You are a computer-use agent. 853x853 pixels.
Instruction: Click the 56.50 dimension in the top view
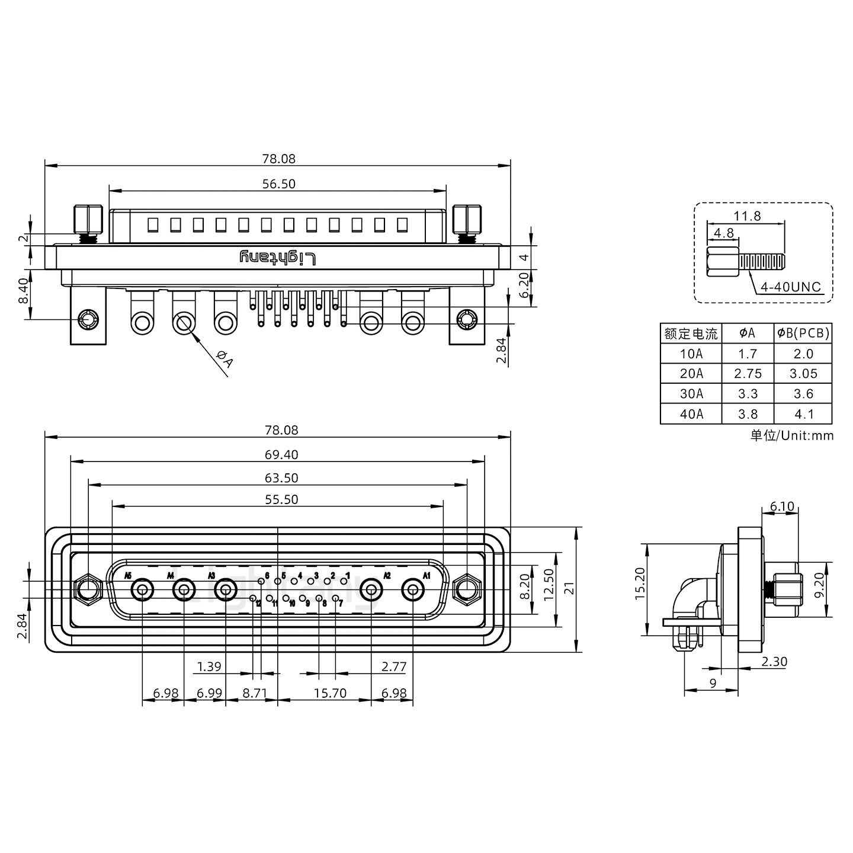point(278,184)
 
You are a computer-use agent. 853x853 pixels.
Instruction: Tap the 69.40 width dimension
point(281,454)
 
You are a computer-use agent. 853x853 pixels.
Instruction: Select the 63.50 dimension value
point(281,477)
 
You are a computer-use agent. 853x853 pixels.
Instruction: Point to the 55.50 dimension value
point(281,499)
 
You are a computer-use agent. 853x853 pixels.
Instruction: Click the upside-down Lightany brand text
point(278,258)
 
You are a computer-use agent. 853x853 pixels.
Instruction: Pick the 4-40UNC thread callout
point(791,287)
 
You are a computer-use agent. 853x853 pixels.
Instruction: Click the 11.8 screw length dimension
point(747,216)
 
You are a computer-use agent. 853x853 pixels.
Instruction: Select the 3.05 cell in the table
point(803,373)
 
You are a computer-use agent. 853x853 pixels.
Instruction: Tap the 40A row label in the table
point(691,414)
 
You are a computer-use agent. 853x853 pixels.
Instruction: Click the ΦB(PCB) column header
point(803,333)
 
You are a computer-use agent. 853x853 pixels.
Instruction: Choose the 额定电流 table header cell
point(691,333)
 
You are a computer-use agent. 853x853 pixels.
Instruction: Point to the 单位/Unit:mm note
point(792,436)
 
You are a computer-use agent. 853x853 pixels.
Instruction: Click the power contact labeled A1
point(413,590)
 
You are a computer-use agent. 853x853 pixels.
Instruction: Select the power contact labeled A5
point(142,590)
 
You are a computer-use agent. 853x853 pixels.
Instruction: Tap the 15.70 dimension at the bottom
point(330,692)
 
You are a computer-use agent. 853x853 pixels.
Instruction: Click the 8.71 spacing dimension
point(255,692)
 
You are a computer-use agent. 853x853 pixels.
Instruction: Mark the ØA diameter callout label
point(225,359)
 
